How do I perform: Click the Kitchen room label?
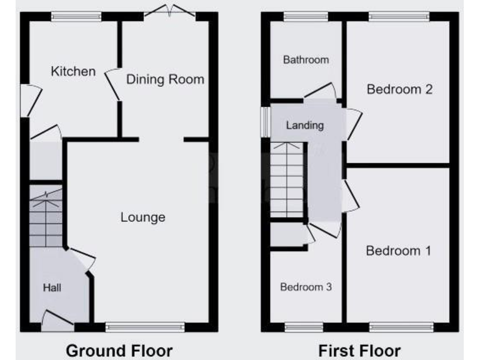point(73,71)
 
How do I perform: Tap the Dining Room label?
point(166,79)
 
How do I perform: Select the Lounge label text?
point(142,217)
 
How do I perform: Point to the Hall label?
point(52,287)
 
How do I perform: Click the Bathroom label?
point(306,60)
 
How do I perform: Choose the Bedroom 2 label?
point(399,89)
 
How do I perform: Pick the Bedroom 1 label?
point(399,251)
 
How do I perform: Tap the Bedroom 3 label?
point(306,287)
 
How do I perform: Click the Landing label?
point(305,125)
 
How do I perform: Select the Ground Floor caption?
point(119,350)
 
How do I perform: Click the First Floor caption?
point(359,350)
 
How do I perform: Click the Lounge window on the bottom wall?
point(145,326)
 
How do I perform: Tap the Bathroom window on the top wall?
point(306,17)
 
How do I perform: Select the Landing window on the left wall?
point(265,122)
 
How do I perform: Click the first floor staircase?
point(287,180)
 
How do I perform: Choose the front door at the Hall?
point(57,321)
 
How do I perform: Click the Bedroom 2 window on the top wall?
point(399,17)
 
